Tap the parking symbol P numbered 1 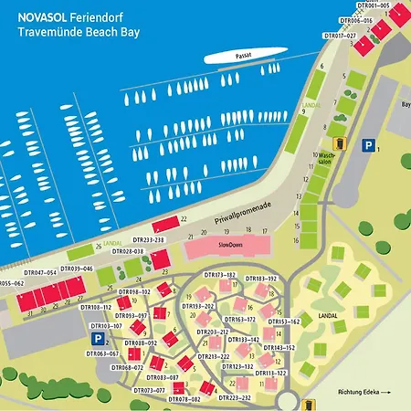pyautogui.click(x=367, y=145)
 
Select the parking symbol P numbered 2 pyautogui.click(x=94, y=338)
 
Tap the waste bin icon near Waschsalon pyautogui.click(x=340, y=142)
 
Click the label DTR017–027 pyautogui.click(x=339, y=36)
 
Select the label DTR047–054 pyautogui.click(x=40, y=272)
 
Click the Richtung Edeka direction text pyautogui.click(x=364, y=392)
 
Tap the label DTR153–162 pyautogui.click(x=283, y=321)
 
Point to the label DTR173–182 pyautogui.click(x=219, y=274)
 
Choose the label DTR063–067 pyautogui.click(x=102, y=353)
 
